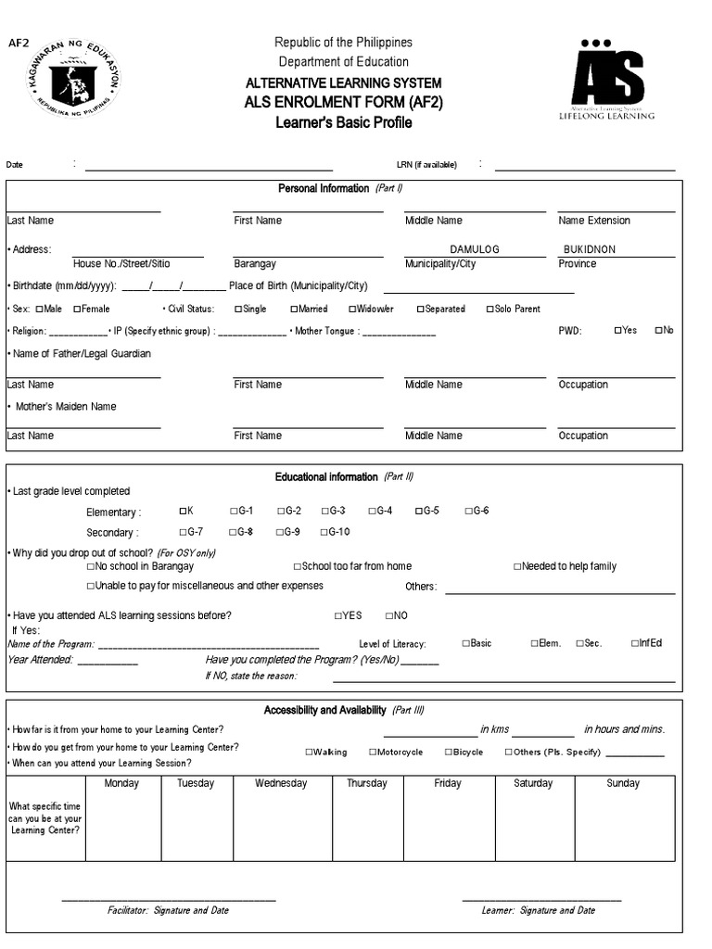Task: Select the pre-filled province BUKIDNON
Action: (x=590, y=249)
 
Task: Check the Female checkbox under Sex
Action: (x=77, y=309)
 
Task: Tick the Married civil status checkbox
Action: (x=294, y=309)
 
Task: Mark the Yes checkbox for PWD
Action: (x=617, y=330)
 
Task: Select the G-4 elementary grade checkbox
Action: (x=372, y=511)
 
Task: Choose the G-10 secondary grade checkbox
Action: (x=324, y=532)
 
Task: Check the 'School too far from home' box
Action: (x=297, y=566)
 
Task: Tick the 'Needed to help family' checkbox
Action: (x=517, y=566)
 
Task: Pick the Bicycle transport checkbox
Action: (x=448, y=753)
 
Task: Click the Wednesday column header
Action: (x=281, y=783)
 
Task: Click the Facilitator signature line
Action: (x=169, y=899)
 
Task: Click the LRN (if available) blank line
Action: (x=585, y=170)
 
